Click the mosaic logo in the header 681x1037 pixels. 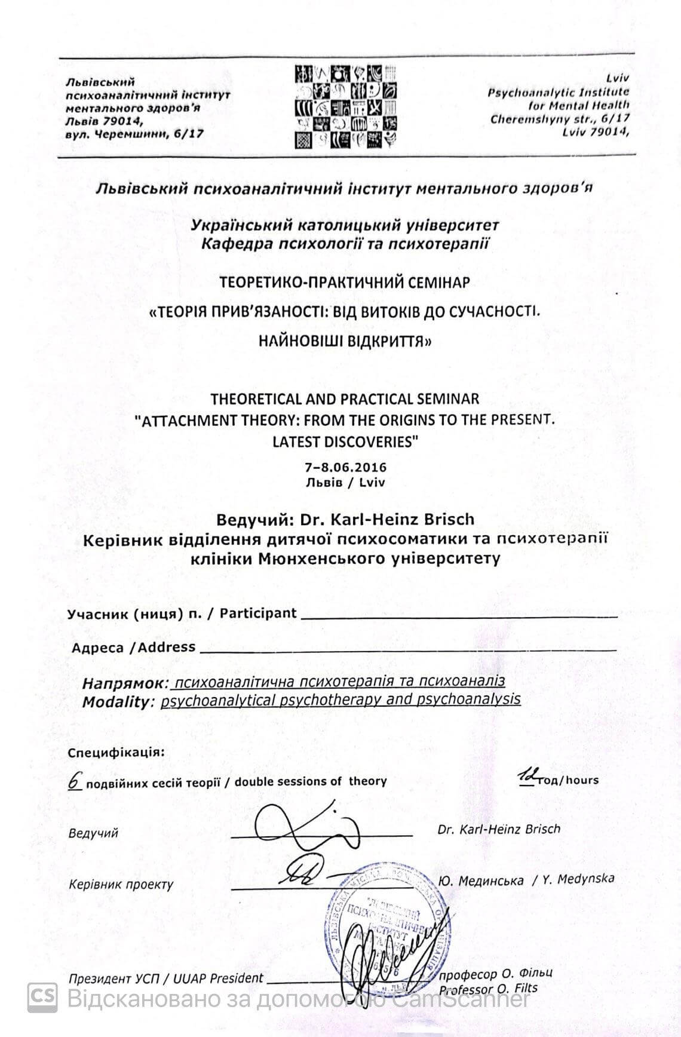click(346, 106)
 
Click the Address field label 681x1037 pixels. click(134, 647)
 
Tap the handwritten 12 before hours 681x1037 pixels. click(527, 777)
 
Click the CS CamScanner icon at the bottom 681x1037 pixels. click(42, 997)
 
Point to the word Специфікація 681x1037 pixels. click(115, 751)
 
